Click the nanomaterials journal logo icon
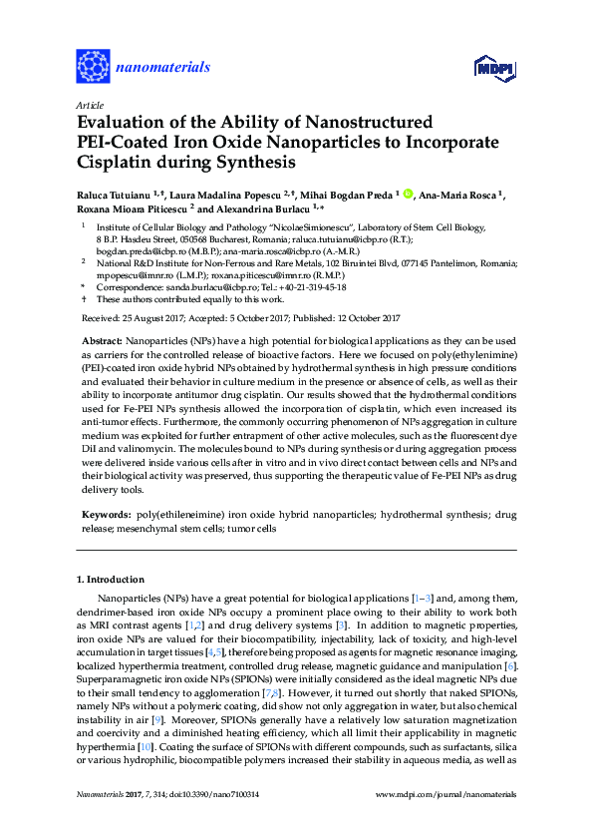coord(93,66)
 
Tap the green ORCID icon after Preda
coord(408,195)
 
